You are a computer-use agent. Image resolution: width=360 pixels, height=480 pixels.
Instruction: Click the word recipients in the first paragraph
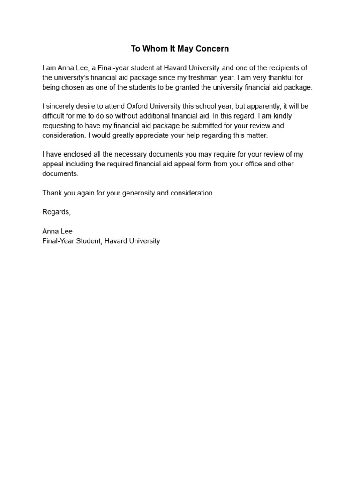click(x=291, y=68)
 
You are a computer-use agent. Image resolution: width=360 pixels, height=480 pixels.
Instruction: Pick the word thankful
click(x=294, y=77)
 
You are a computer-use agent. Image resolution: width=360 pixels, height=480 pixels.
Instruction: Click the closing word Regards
click(x=56, y=212)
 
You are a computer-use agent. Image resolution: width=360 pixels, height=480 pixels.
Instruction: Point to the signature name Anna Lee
click(x=57, y=231)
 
